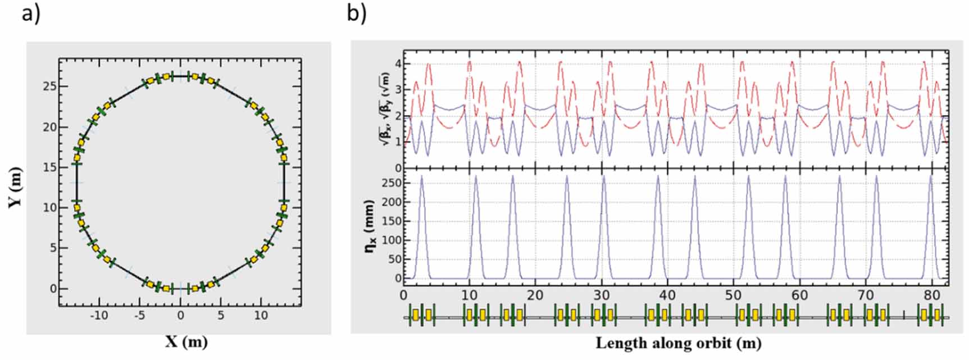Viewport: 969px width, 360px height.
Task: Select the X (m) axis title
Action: click(x=186, y=341)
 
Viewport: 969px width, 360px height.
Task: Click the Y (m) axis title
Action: click(x=15, y=187)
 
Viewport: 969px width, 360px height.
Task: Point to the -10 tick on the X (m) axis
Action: click(x=99, y=316)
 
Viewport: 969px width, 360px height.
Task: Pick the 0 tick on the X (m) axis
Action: click(x=180, y=316)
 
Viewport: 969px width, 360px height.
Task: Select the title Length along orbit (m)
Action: click(x=678, y=342)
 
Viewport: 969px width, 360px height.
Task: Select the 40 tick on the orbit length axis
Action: click(x=667, y=295)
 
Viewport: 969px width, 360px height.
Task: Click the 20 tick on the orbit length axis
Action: click(x=535, y=295)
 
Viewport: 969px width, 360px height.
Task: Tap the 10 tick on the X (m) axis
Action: click(x=261, y=316)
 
